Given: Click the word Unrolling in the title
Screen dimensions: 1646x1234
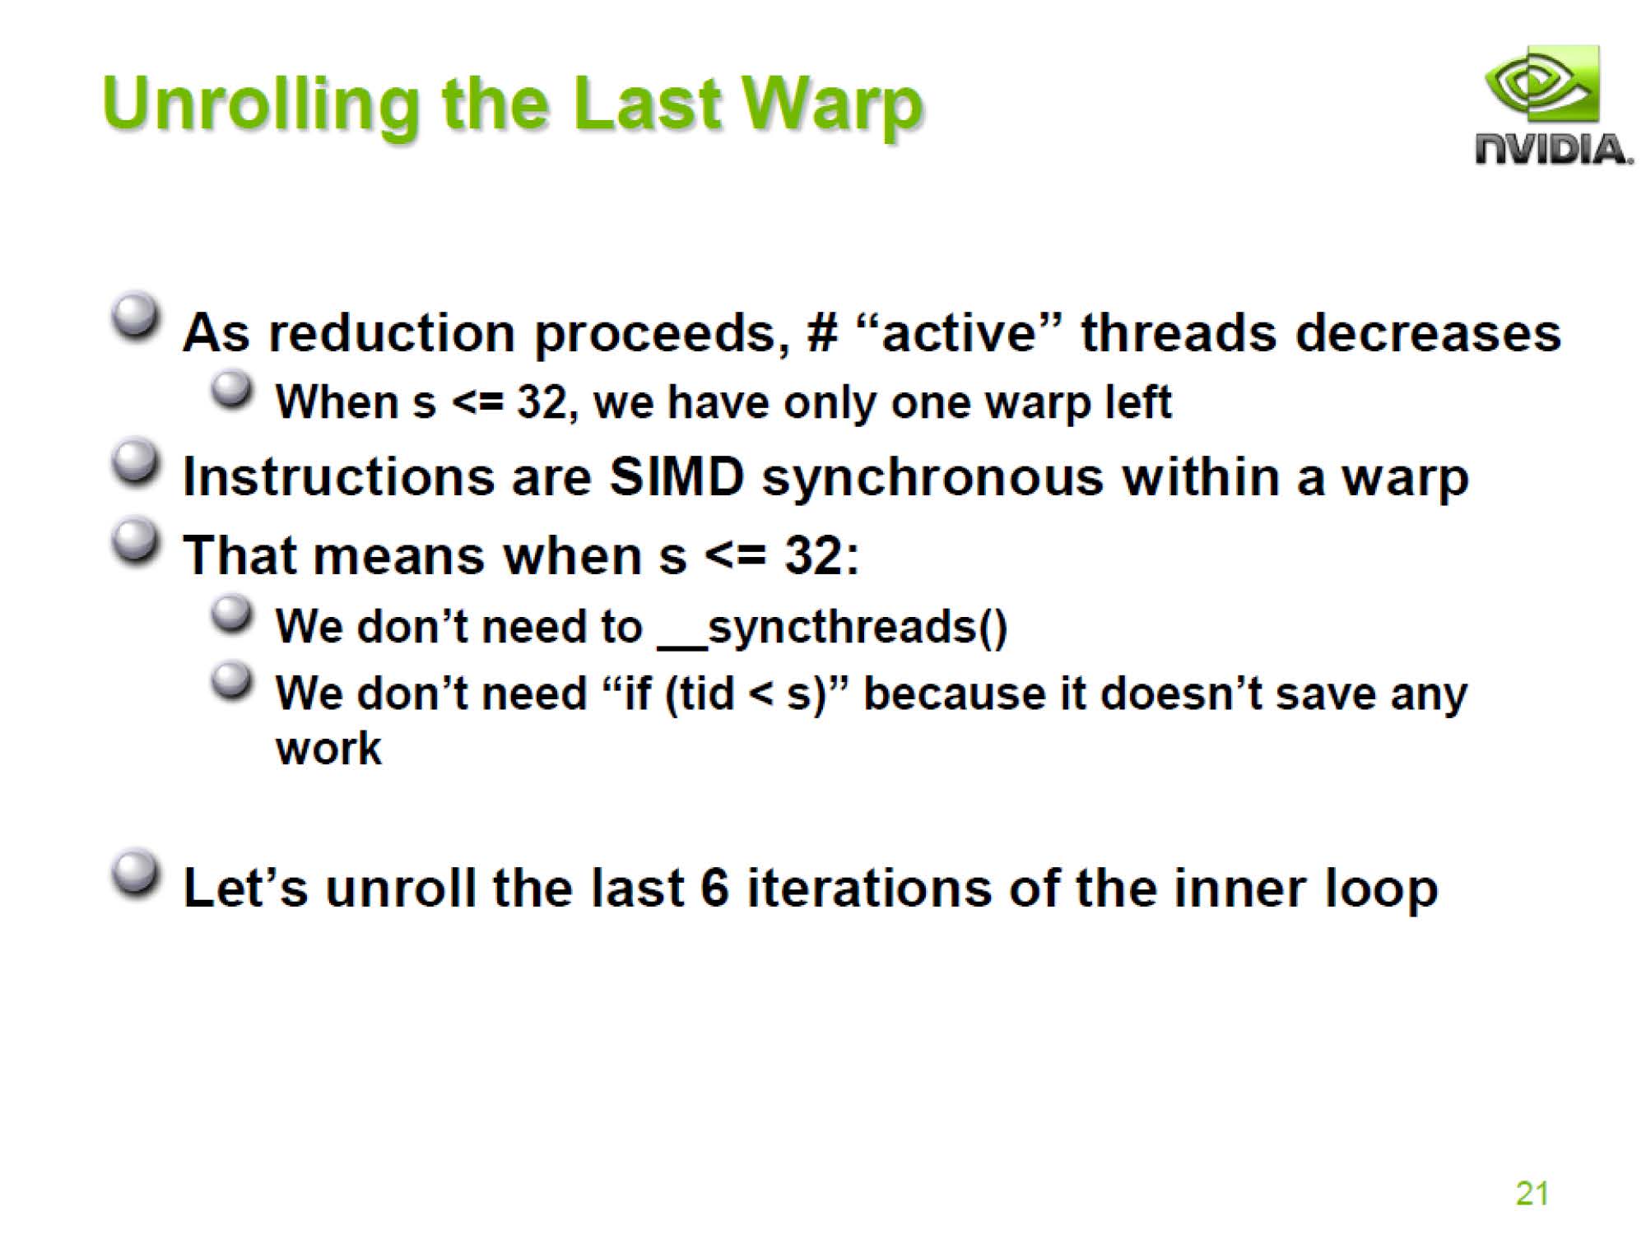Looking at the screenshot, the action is (261, 106).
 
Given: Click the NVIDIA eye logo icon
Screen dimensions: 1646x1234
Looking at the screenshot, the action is (1541, 85).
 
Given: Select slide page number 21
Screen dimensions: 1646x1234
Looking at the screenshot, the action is (1532, 1193).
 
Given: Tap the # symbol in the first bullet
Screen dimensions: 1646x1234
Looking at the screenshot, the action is (822, 332).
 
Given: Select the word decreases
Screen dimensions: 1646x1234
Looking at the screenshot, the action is (1428, 332).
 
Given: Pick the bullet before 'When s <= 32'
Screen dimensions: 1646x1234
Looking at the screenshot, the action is (231, 390).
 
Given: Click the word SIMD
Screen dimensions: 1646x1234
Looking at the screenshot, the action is (677, 477).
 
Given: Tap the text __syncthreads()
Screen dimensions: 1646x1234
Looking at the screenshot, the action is (833, 628).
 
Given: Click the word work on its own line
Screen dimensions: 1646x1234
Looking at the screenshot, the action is (328, 748).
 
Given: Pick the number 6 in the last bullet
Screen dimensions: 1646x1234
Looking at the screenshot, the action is (715, 888).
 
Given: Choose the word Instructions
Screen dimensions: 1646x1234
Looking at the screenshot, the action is (337, 477).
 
